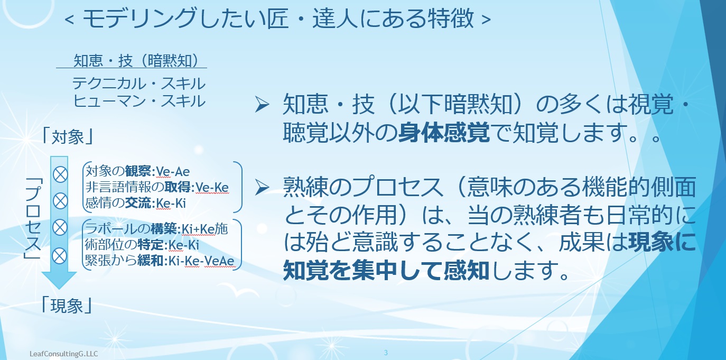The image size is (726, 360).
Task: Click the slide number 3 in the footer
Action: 386,353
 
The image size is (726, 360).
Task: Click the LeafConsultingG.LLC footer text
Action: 63,354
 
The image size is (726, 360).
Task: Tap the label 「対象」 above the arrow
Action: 68,136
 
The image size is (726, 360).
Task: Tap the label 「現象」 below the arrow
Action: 68,305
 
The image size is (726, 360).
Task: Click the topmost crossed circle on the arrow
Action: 60,174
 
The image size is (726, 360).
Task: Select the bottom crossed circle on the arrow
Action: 60,256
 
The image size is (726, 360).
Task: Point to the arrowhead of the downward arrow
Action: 59,281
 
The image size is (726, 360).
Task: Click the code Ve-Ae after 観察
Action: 173,172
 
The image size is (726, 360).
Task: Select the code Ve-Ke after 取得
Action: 212,188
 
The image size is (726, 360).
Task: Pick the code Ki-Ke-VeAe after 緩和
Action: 201,261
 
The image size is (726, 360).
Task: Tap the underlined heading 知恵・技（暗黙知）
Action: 136,60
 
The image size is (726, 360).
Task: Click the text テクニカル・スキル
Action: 139,84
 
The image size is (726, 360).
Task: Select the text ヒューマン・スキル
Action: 139,101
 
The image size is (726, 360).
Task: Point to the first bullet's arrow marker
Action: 262,105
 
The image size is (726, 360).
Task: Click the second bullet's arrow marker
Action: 262,188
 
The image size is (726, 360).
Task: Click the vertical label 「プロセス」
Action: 33,218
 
